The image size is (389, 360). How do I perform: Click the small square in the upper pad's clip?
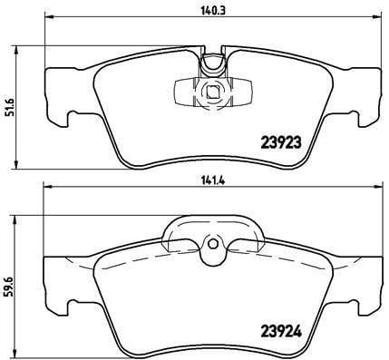point(212,91)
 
